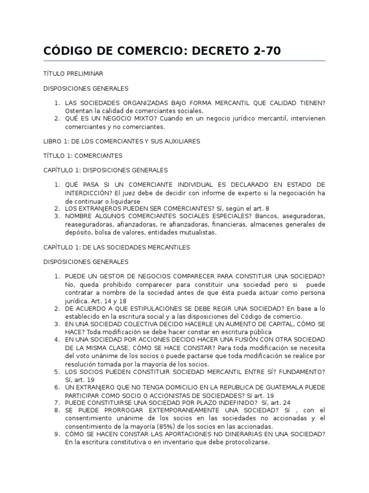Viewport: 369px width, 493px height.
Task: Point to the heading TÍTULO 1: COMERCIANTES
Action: pyautogui.click(x=83, y=156)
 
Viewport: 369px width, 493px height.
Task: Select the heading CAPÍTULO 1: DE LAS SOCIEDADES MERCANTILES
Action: pyautogui.click(x=117, y=247)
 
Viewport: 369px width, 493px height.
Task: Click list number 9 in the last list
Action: pyautogui.click(x=56, y=434)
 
